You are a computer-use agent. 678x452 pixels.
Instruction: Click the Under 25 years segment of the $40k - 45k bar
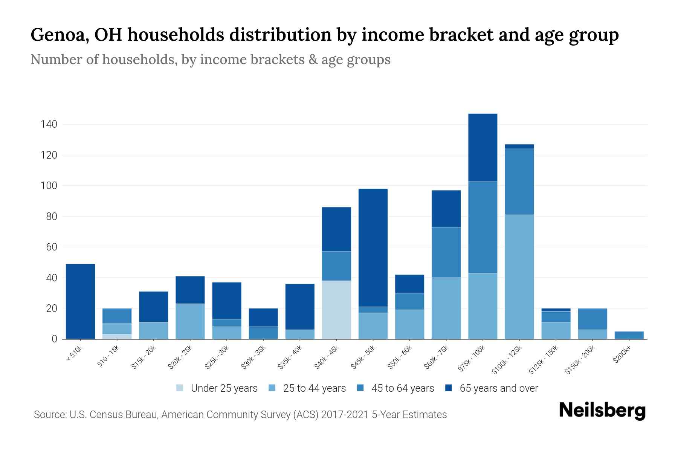point(336,310)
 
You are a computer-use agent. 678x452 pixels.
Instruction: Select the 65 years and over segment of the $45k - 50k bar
point(373,247)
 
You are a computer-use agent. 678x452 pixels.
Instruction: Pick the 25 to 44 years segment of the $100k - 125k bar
point(519,277)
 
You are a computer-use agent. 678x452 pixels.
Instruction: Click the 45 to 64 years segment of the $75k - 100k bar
point(483,227)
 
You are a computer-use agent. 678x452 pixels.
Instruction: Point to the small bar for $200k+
point(629,335)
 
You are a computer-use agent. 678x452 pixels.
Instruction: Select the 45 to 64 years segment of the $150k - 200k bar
point(592,319)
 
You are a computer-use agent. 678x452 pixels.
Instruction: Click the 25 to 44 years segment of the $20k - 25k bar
point(190,321)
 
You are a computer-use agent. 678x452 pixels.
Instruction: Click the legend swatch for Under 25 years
point(180,388)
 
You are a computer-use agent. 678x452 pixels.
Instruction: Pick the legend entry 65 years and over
point(498,388)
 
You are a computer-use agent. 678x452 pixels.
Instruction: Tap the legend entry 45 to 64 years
point(402,388)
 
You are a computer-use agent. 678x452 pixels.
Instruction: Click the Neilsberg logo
point(602,411)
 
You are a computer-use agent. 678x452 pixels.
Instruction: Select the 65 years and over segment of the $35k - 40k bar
point(300,307)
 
